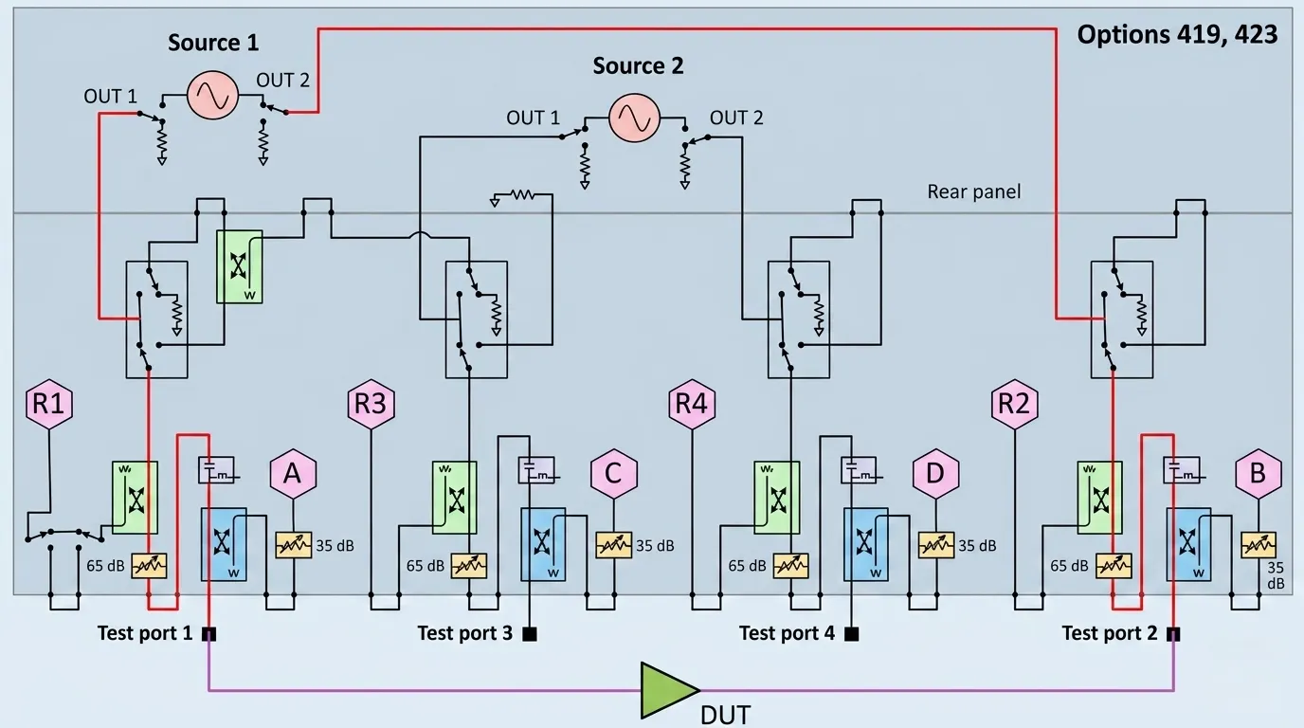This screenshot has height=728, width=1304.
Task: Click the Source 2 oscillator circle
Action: [633, 118]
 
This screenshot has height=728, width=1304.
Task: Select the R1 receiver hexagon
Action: [48, 405]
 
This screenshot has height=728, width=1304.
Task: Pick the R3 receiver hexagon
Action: [371, 405]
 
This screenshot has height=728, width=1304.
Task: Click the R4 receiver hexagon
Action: [693, 405]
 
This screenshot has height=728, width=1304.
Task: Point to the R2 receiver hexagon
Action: [1014, 405]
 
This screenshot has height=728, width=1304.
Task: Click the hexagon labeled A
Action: [293, 473]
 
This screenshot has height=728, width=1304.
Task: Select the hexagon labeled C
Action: [614, 473]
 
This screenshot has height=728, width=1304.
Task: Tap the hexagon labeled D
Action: [936, 473]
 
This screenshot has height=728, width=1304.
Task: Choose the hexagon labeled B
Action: [1258, 473]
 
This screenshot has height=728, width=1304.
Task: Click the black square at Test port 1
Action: [208, 634]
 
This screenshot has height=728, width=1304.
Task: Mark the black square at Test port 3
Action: [530, 634]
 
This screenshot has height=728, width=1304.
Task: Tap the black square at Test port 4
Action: [852, 634]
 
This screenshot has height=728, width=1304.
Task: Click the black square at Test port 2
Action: [1173, 634]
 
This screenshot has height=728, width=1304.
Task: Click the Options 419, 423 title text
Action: [1177, 35]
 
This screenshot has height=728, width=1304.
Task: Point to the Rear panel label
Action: [974, 192]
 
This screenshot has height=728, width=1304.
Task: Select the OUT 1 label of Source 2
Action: [533, 118]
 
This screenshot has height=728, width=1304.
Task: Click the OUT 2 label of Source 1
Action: [283, 81]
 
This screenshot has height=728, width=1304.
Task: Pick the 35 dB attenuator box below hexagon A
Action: [293, 545]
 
